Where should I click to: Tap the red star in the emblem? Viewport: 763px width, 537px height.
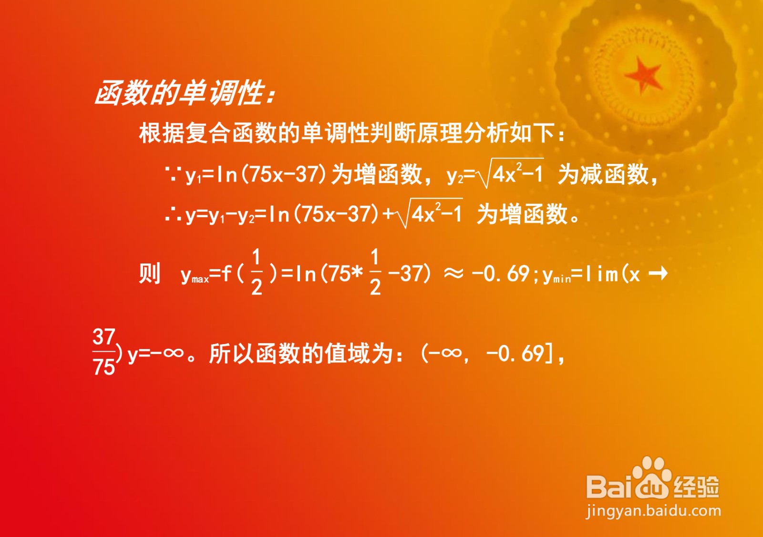click(643, 75)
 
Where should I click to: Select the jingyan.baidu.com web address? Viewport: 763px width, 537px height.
click(653, 511)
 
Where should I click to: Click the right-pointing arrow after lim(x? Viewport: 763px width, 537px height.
click(658, 274)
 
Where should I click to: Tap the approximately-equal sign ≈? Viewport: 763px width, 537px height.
click(454, 274)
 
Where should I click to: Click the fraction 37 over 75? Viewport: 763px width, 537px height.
click(104, 352)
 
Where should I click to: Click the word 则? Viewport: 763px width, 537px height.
click(149, 274)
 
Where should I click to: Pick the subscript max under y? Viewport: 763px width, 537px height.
click(200, 280)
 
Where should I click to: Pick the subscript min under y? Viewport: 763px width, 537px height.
click(562, 280)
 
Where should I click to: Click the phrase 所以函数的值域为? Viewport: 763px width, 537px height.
click(301, 354)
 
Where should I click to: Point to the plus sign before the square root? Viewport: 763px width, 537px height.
click(388, 214)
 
